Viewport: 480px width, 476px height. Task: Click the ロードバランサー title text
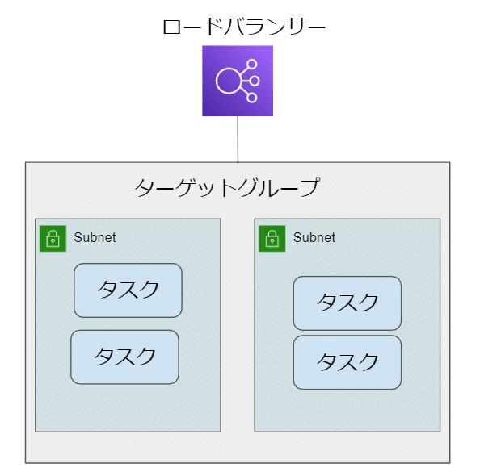[244, 27]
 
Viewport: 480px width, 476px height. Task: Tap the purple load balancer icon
[238, 81]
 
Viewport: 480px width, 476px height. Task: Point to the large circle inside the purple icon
[228, 81]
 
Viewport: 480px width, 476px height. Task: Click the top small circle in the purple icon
[252, 65]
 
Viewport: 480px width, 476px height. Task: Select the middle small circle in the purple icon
[255, 81]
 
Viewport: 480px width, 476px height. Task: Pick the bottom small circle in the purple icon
[252, 98]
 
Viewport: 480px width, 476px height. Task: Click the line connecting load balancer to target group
[238, 140]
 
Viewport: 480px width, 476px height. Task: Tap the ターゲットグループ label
[227, 187]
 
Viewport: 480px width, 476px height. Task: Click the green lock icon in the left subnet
[53, 239]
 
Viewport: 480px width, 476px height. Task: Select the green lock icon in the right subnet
[272, 239]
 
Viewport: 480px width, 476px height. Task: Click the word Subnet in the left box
[95, 237]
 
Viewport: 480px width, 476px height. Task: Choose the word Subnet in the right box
[314, 237]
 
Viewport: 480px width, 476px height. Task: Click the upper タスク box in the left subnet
[128, 290]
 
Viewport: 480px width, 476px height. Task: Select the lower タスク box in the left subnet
[124, 357]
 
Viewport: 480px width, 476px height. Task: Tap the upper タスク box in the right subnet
[347, 303]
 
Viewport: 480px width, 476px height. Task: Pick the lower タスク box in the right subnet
[347, 362]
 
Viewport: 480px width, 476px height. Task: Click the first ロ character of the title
[172, 27]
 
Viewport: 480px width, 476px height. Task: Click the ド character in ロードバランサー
[214, 27]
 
